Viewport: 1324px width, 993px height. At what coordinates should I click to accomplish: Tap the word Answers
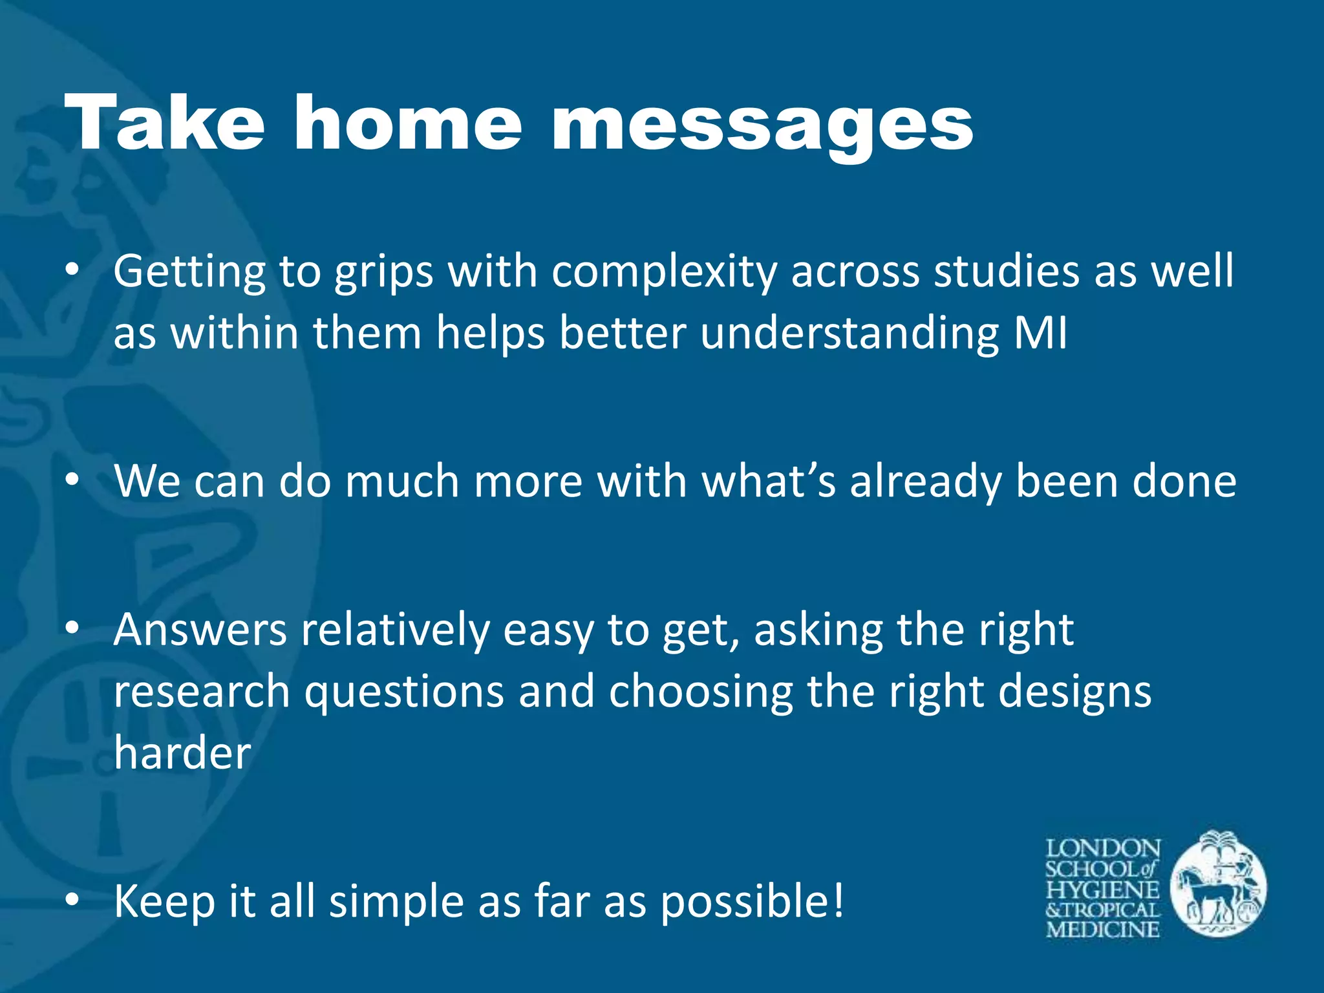200,630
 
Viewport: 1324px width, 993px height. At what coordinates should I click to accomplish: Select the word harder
182,754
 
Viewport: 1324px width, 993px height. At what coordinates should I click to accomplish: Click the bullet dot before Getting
72,272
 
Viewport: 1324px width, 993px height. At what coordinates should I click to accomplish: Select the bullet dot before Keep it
72,901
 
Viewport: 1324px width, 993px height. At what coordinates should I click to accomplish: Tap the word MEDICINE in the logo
1103,930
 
